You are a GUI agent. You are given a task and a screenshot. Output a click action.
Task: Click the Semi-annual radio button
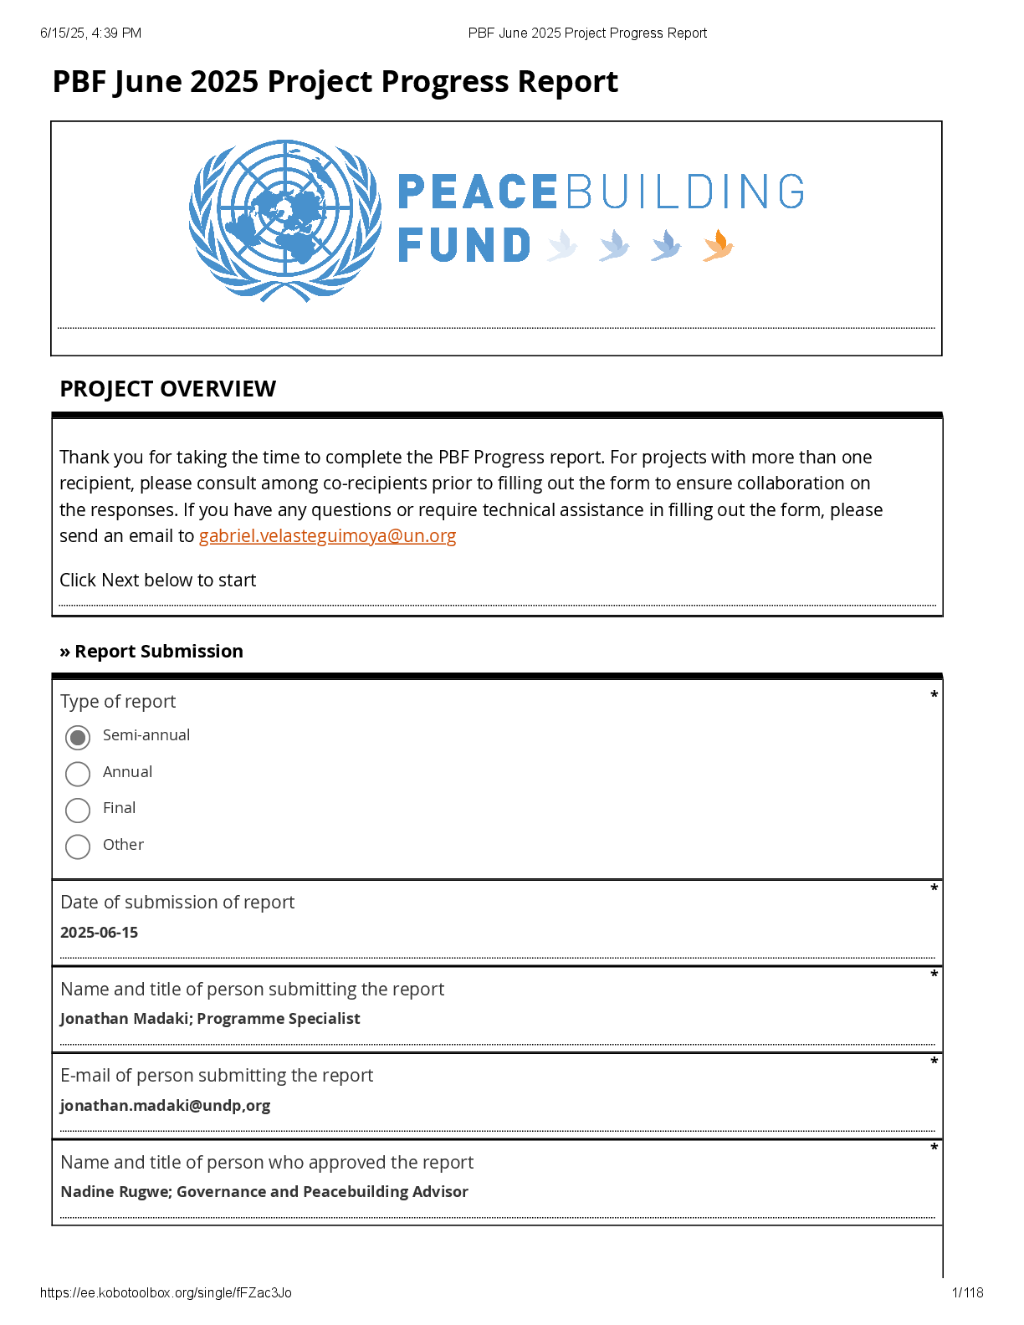78,737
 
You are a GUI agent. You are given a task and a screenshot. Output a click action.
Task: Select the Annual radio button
78,774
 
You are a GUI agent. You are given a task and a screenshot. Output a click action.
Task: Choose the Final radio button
78,810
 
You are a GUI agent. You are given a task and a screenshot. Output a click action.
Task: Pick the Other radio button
78,847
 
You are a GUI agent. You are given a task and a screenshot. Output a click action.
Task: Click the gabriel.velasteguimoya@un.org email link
327,536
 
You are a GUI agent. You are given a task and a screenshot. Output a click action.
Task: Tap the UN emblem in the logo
285,221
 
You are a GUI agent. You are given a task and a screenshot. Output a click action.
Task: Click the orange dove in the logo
718,246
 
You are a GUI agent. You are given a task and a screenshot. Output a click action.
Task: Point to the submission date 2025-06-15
100,933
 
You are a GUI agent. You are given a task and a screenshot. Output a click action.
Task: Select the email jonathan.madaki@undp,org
166,1106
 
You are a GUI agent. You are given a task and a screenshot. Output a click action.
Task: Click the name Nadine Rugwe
115,1192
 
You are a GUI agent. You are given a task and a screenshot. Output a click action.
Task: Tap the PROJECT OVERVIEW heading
167,389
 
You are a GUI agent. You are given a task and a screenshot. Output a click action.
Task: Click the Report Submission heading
158,652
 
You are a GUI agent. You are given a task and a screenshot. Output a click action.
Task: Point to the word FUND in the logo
463,246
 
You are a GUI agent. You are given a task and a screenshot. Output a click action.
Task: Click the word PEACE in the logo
477,192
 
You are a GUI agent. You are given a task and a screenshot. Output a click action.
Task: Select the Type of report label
118,702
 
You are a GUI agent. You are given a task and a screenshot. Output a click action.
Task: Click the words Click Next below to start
157,581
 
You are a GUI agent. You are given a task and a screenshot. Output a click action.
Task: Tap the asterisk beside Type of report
934,695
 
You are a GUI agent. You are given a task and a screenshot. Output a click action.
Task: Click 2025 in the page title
226,82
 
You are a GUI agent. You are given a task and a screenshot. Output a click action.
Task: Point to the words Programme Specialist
279,1019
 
